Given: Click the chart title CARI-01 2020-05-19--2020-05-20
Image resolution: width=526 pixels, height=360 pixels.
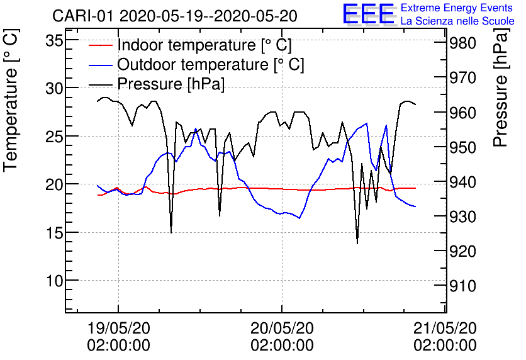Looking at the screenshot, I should (175, 15).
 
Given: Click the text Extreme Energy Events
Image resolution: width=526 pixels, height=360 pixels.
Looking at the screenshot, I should (457, 8).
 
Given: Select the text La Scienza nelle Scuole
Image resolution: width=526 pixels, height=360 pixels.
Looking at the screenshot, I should (457, 21).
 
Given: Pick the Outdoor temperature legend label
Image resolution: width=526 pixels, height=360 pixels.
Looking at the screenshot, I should (211, 64).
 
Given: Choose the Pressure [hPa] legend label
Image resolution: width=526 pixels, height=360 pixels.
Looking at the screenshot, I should (171, 83).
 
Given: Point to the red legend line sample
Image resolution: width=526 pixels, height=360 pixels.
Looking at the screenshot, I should (100, 45).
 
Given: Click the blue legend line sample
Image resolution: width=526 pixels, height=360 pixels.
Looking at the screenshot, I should (100, 64).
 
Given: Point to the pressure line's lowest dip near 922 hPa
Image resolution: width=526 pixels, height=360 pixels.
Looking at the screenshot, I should (357, 243).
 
